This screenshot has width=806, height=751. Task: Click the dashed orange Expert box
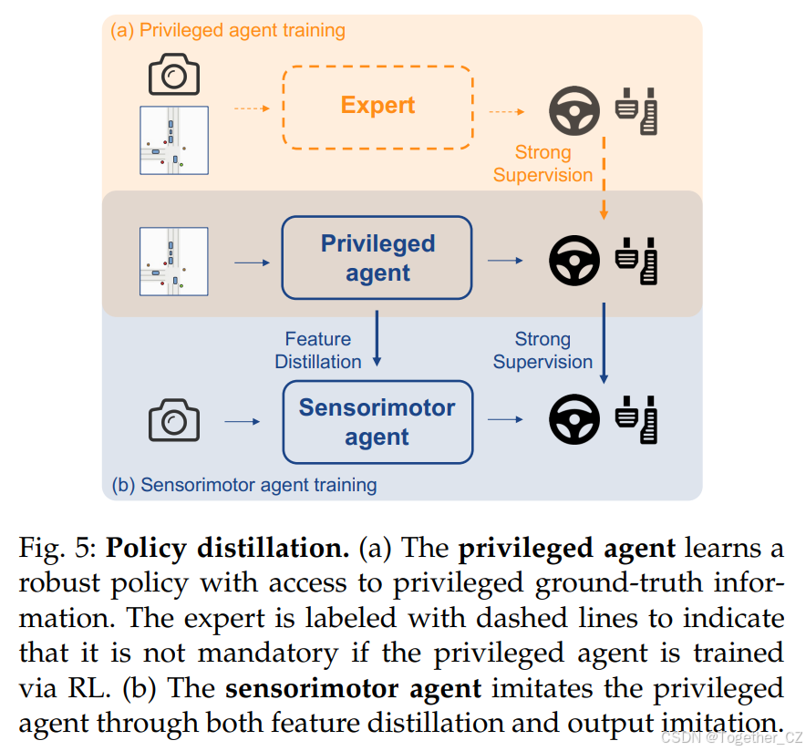point(377,107)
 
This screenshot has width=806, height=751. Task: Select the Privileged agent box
point(377,258)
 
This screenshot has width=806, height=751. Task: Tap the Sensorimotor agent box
point(377,422)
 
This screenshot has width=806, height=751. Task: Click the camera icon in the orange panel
point(174,74)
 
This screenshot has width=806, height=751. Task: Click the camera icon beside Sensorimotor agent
point(174,421)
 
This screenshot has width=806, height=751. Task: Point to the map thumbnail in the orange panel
point(174,140)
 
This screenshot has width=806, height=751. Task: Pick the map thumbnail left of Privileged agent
point(174,262)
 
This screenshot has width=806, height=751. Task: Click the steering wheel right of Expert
point(573,111)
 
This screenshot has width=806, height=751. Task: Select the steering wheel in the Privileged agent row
point(573,261)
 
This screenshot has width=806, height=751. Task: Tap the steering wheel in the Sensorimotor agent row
point(573,420)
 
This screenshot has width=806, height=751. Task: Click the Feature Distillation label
point(318,350)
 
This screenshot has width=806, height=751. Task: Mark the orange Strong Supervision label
point(542,163)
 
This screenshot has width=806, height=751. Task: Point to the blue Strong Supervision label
point(542,350)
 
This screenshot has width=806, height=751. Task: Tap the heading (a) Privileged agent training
point(228,30)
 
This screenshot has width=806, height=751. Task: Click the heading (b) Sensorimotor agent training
point(243,485)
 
